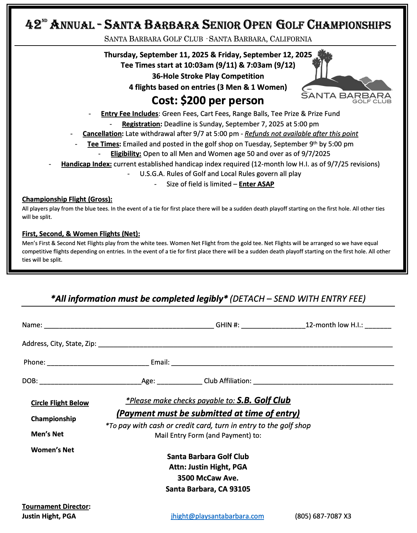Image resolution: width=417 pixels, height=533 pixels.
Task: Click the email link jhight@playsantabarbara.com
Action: [217, 516]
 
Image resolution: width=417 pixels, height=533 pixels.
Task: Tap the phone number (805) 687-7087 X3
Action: [323, 516]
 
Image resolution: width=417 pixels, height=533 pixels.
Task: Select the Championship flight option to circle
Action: [53, 419]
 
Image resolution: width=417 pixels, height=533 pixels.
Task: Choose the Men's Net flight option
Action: [47, 434]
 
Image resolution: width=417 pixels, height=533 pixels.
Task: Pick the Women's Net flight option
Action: [52, 450]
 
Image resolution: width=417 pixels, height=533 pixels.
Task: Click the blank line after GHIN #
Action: [273, 326]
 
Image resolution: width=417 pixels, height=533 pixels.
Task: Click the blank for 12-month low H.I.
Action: [378, 326]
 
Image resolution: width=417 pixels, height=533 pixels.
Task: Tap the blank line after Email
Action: [282, 363]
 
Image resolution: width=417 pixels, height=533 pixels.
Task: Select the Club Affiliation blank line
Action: [323, 381]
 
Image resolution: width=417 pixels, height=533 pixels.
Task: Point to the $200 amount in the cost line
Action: [193, 100]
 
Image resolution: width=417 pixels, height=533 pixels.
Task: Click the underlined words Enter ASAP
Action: [256, 184]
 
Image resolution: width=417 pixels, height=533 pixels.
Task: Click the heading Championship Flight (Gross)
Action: [67, 199]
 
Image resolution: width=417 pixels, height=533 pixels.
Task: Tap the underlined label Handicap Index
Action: [86, 164]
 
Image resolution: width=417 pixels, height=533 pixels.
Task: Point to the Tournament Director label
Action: [56, 506]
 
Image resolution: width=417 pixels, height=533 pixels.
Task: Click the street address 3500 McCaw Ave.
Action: [208, 478]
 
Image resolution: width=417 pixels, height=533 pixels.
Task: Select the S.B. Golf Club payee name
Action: [264, 400]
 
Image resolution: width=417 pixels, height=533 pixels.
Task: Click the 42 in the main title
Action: [33, 25]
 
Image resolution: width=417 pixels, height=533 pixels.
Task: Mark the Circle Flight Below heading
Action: [60, 403]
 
